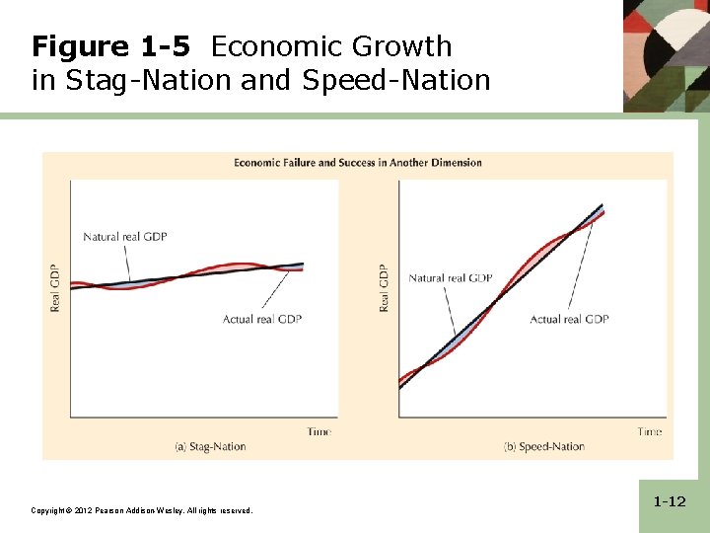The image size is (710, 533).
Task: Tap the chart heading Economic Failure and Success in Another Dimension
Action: (357, 162)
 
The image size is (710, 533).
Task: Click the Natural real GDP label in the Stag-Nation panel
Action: (124, 236)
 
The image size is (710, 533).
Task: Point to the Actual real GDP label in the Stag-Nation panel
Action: (262, 319)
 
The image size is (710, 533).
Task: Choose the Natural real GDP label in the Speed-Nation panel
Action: (450, 278)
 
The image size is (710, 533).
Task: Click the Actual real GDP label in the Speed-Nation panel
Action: (569, 319)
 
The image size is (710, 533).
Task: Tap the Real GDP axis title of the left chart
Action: (55, 287)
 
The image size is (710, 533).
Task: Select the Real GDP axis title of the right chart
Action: (384, 287)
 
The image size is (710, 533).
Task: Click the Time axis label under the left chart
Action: (319, 431)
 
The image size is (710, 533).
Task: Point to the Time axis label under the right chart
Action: (649, 431)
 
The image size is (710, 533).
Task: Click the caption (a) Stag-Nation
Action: (210, 447)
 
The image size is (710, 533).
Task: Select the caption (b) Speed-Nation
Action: (543, 447)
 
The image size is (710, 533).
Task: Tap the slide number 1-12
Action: (669, 502)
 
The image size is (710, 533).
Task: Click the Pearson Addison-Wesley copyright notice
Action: (141, 510)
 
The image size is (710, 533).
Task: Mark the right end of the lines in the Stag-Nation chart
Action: (302, 266)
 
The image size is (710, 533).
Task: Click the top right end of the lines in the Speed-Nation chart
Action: (602, 207)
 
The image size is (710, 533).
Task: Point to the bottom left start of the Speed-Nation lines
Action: (400, 383)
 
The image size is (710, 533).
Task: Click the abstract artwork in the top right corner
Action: (666, 54)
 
